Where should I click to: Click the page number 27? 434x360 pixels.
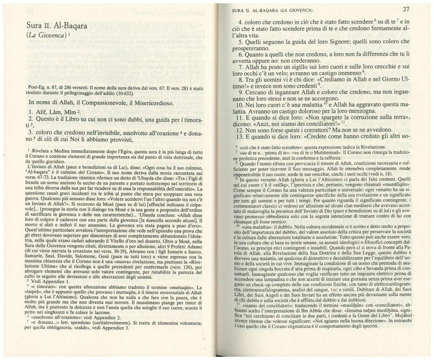point(405,9)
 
